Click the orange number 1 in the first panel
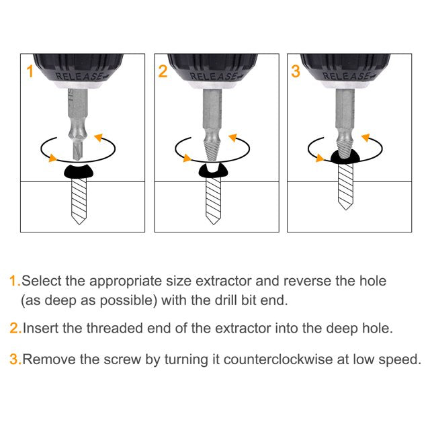30,71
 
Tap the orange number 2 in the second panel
163,71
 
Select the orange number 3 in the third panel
296,71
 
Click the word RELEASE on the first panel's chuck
79,76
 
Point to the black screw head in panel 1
79,172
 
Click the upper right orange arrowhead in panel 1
99,137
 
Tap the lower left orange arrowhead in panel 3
320,158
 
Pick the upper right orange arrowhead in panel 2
233,137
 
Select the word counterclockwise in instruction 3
277,359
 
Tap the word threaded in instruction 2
115,329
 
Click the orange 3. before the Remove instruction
15,359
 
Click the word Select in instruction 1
42,281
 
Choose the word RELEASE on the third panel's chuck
346,76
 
